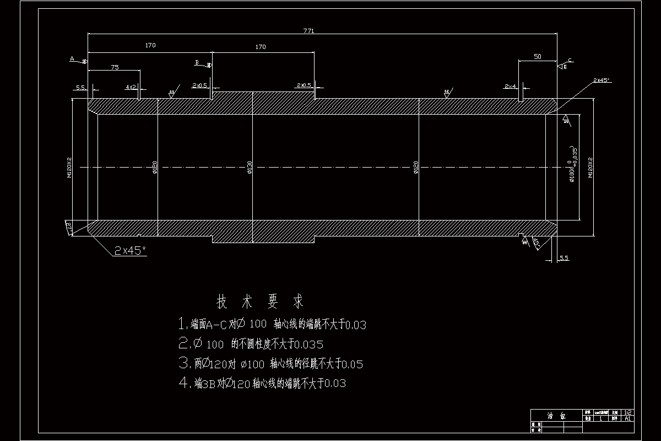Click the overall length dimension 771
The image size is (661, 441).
[308, 31]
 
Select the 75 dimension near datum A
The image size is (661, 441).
[115, 67]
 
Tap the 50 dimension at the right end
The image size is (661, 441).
[538, 57]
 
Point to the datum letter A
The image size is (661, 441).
[72, 58]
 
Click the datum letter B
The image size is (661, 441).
[197, 62]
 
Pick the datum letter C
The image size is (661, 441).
[570, 60]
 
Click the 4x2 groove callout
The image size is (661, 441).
[131, 87]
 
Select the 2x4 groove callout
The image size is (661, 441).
[510, 87]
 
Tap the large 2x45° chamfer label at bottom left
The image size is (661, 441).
[130, 250]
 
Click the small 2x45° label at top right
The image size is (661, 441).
[602, 80]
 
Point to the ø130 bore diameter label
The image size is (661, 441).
[250, 167]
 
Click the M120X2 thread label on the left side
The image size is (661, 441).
[69, 167]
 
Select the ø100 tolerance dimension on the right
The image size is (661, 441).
[573, 163]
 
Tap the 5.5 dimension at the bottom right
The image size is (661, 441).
[564, 258]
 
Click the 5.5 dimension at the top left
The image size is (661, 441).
[80, 87]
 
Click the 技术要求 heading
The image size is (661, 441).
[259, 302]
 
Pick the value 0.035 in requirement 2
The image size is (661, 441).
[309, 345]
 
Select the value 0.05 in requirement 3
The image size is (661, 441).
[352, 364]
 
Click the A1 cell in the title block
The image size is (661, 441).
[627, 418]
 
